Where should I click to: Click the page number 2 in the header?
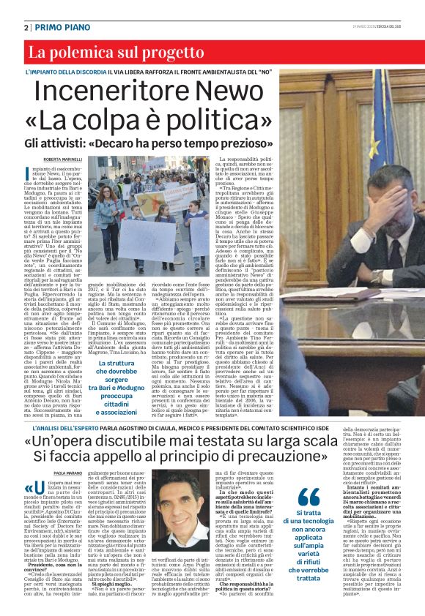click(26, 26)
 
